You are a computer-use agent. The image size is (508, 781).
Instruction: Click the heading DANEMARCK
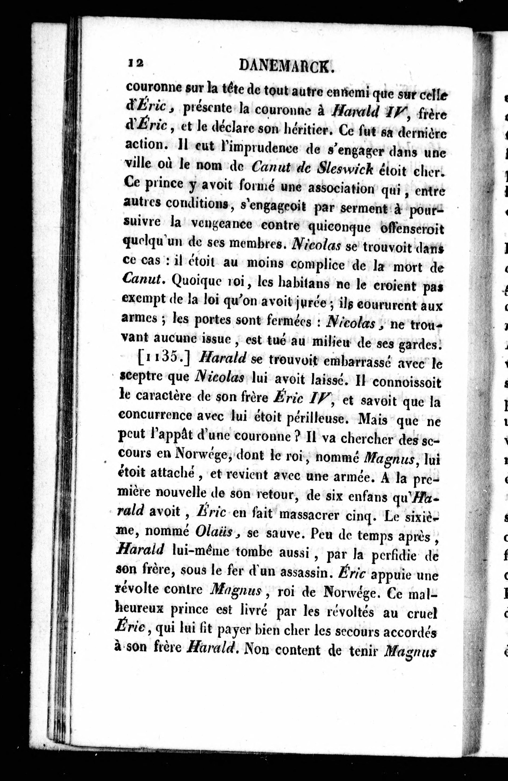pos(286,66)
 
